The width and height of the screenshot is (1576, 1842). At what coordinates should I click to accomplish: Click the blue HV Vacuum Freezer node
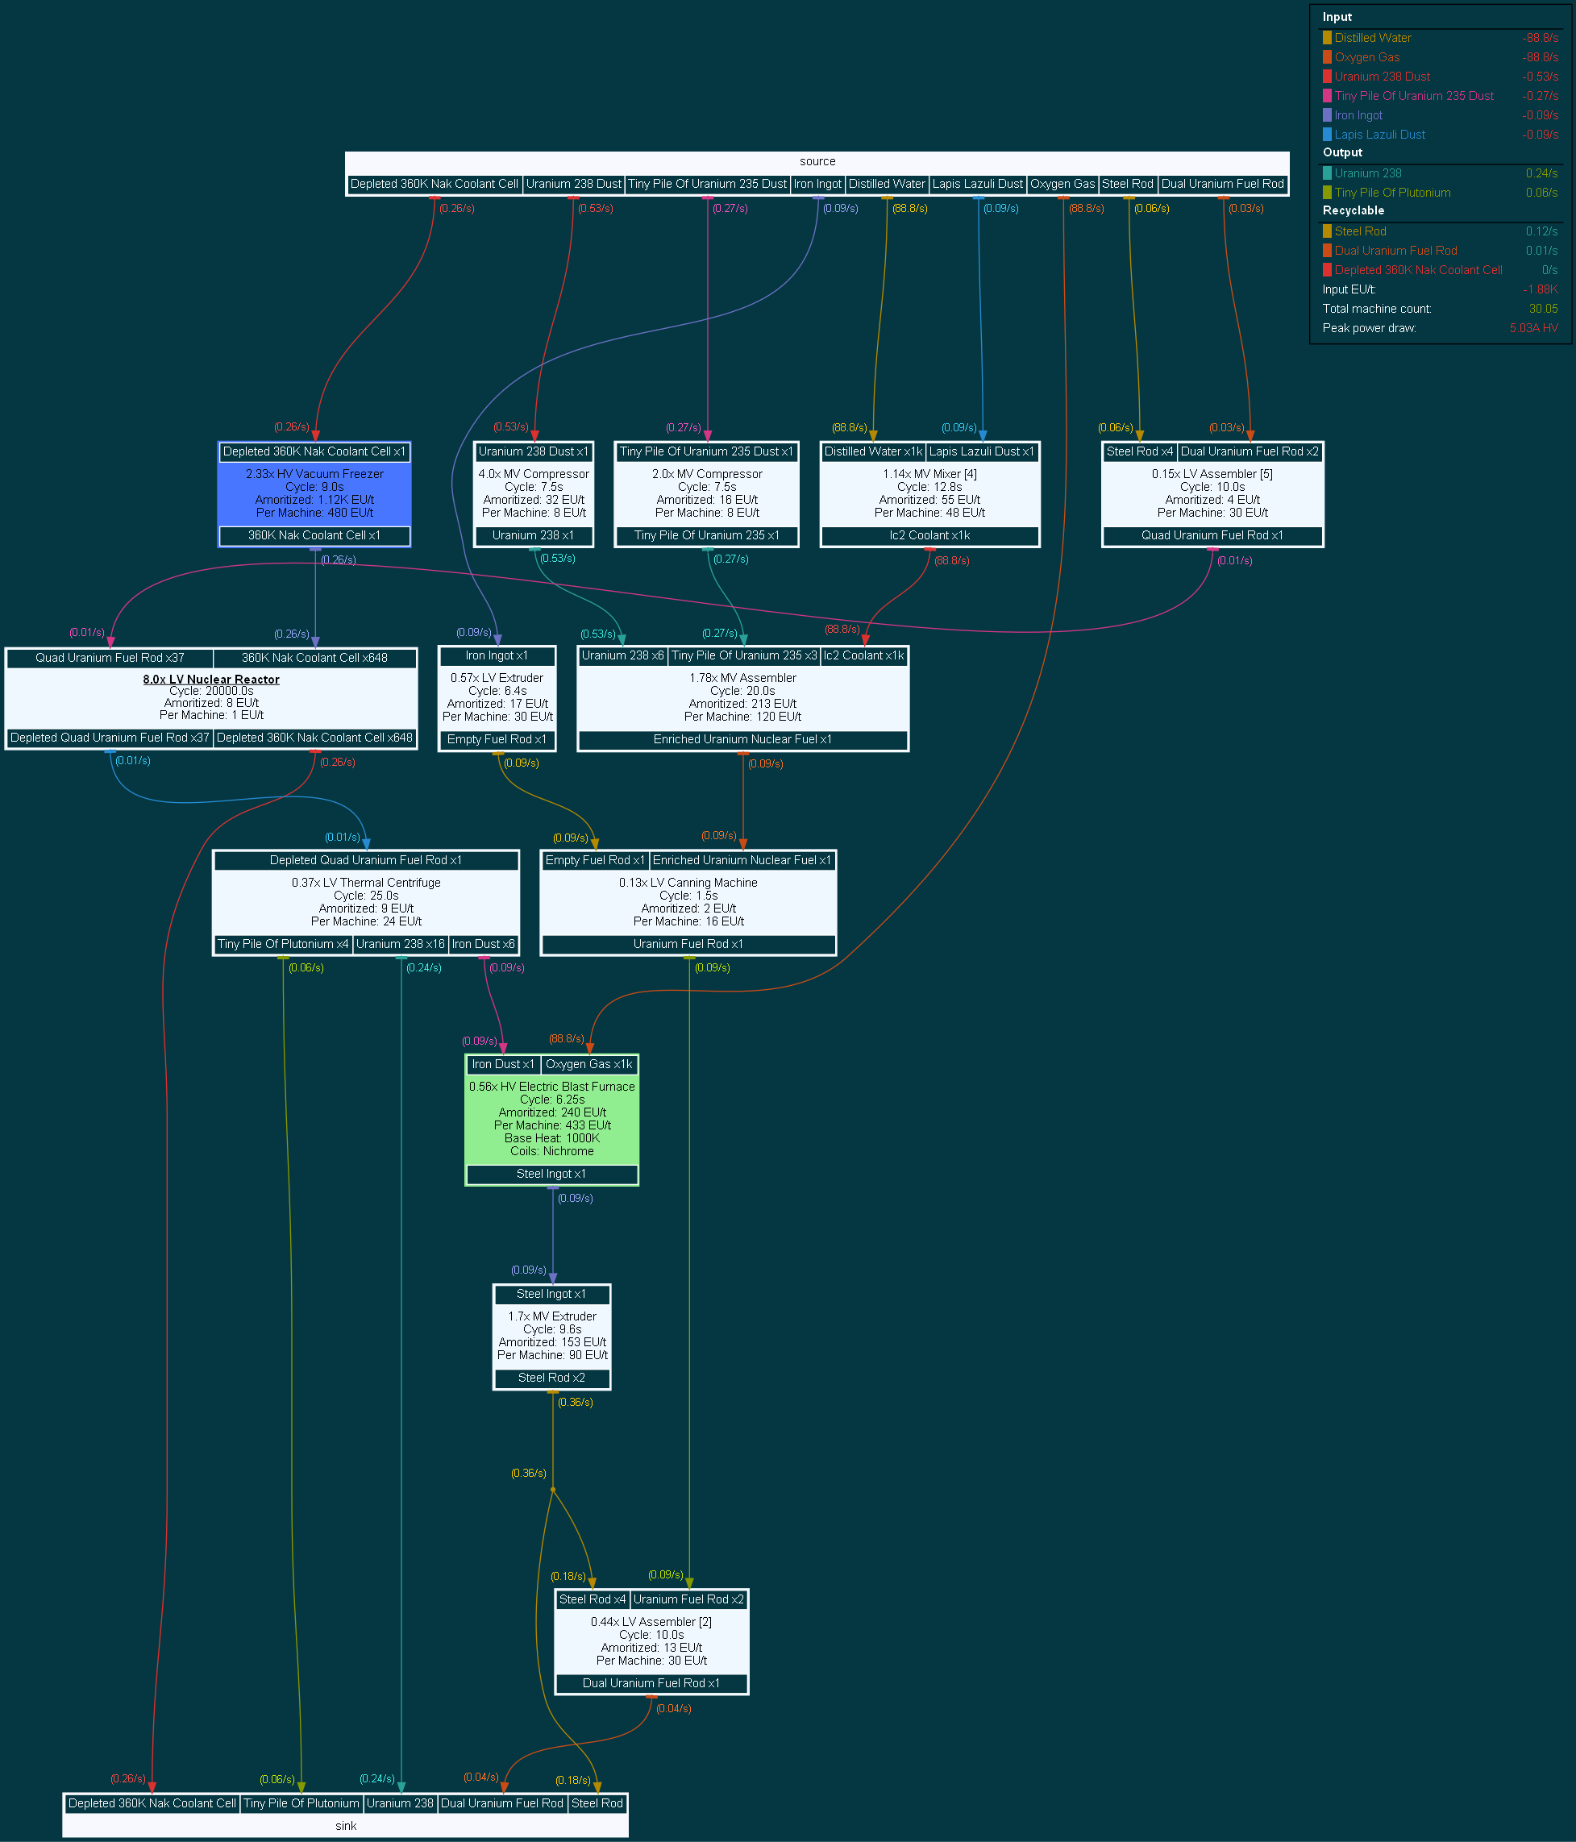314,493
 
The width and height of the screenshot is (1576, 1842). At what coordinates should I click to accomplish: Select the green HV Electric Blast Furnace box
552,1118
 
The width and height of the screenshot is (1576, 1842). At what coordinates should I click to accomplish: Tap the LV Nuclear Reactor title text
211,680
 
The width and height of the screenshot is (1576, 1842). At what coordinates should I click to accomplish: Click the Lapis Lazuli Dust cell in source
978,184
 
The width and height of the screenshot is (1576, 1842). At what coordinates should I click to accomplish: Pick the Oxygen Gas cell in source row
1062,184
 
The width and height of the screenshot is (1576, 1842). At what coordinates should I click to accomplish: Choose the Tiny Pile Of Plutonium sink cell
301,1802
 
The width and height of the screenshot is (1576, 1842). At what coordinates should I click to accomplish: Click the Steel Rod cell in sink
597,1802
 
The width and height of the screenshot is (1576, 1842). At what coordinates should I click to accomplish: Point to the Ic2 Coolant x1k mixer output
929,536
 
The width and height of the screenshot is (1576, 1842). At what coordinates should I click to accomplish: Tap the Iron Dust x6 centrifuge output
484,944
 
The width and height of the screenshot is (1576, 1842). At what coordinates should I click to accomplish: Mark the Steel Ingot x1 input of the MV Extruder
551,1295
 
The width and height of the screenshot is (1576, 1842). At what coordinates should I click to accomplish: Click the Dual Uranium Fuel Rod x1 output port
651,1683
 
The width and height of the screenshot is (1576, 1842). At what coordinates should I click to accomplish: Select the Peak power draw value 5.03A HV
1533,328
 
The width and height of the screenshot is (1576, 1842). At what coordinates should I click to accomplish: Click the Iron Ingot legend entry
1358,115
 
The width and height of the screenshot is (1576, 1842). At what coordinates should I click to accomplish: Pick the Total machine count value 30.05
1543,309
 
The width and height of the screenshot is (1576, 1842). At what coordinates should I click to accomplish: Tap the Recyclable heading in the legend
1353,210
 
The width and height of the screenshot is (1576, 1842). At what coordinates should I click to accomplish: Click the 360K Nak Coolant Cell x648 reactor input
314,658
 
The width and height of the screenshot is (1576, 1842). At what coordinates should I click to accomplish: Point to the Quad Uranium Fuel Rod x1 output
1212,536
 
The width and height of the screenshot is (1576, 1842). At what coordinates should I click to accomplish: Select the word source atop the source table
817,162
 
